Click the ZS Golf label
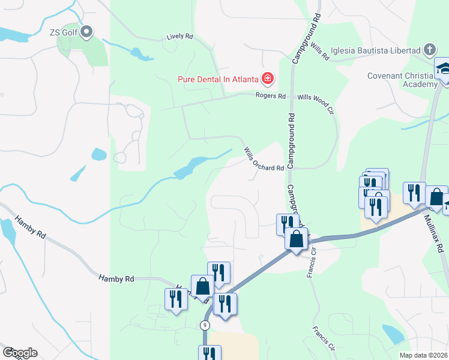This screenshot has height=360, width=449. click(64, 32)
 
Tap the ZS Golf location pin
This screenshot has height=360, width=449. click(86, 31)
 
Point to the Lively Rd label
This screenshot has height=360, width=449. click(180, 37)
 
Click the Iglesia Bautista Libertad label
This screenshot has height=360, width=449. click(382, 50)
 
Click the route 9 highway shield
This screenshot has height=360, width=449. click(205, 325)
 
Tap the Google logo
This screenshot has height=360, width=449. click(19, 353)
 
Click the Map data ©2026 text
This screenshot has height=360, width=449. click(423, 355)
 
